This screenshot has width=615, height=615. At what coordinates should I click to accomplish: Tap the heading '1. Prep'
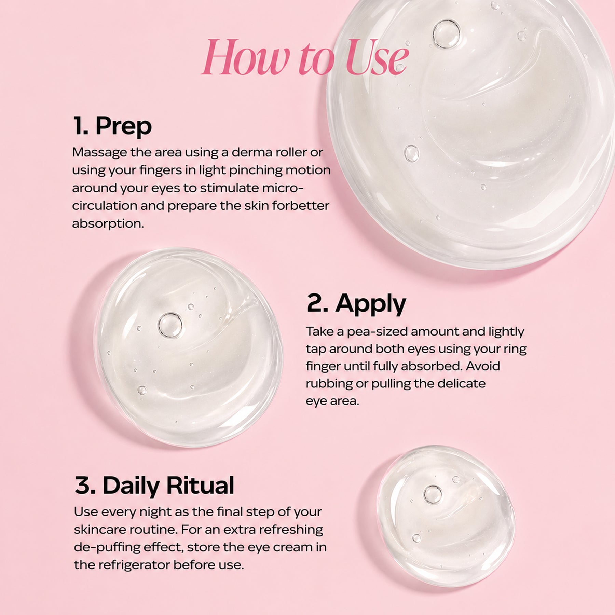pos(113,126)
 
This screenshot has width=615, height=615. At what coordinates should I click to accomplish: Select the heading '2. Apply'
pos(356,304)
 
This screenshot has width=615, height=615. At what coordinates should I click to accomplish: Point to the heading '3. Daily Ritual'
pos(154,485)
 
